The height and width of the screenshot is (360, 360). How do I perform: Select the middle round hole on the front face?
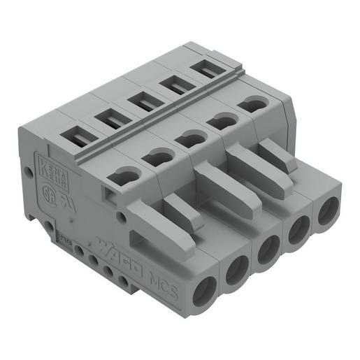tap(268, 251)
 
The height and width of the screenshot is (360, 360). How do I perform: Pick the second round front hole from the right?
tap(298, 230)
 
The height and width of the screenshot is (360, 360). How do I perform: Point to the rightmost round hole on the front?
tap(328, 211)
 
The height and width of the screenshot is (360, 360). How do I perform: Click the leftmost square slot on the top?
tap(77, 136)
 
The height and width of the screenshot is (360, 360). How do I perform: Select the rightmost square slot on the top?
tap(203, 69)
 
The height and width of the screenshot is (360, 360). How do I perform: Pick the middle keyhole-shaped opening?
tap(190, 138)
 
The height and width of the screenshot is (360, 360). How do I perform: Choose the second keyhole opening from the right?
tap(222, 120)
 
